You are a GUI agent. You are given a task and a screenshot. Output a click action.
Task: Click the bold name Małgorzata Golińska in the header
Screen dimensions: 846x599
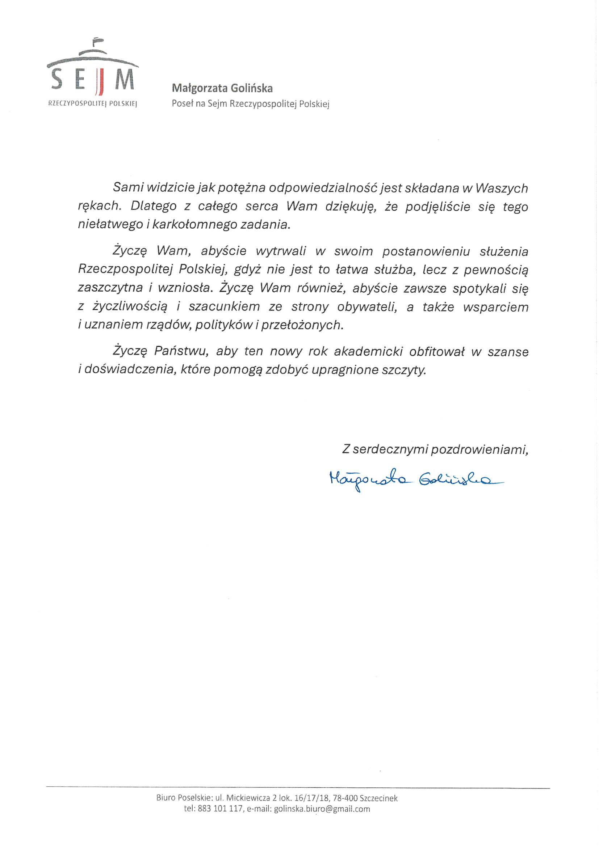tap(222, 88)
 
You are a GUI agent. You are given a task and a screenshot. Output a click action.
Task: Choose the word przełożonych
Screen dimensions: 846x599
tap(302, 325)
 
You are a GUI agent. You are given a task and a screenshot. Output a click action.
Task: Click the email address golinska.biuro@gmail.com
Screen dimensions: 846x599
tap(322, 809)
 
